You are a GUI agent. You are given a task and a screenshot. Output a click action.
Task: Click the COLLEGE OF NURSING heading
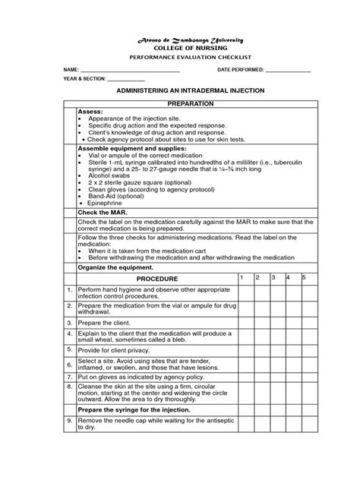click(x=179, y=47)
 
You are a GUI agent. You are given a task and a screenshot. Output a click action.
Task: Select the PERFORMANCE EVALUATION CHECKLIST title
click(x=179, y=58)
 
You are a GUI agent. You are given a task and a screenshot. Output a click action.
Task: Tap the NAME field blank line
click(x=125, y=71)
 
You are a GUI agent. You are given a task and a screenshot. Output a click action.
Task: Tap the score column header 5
click(x=304, y=278)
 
